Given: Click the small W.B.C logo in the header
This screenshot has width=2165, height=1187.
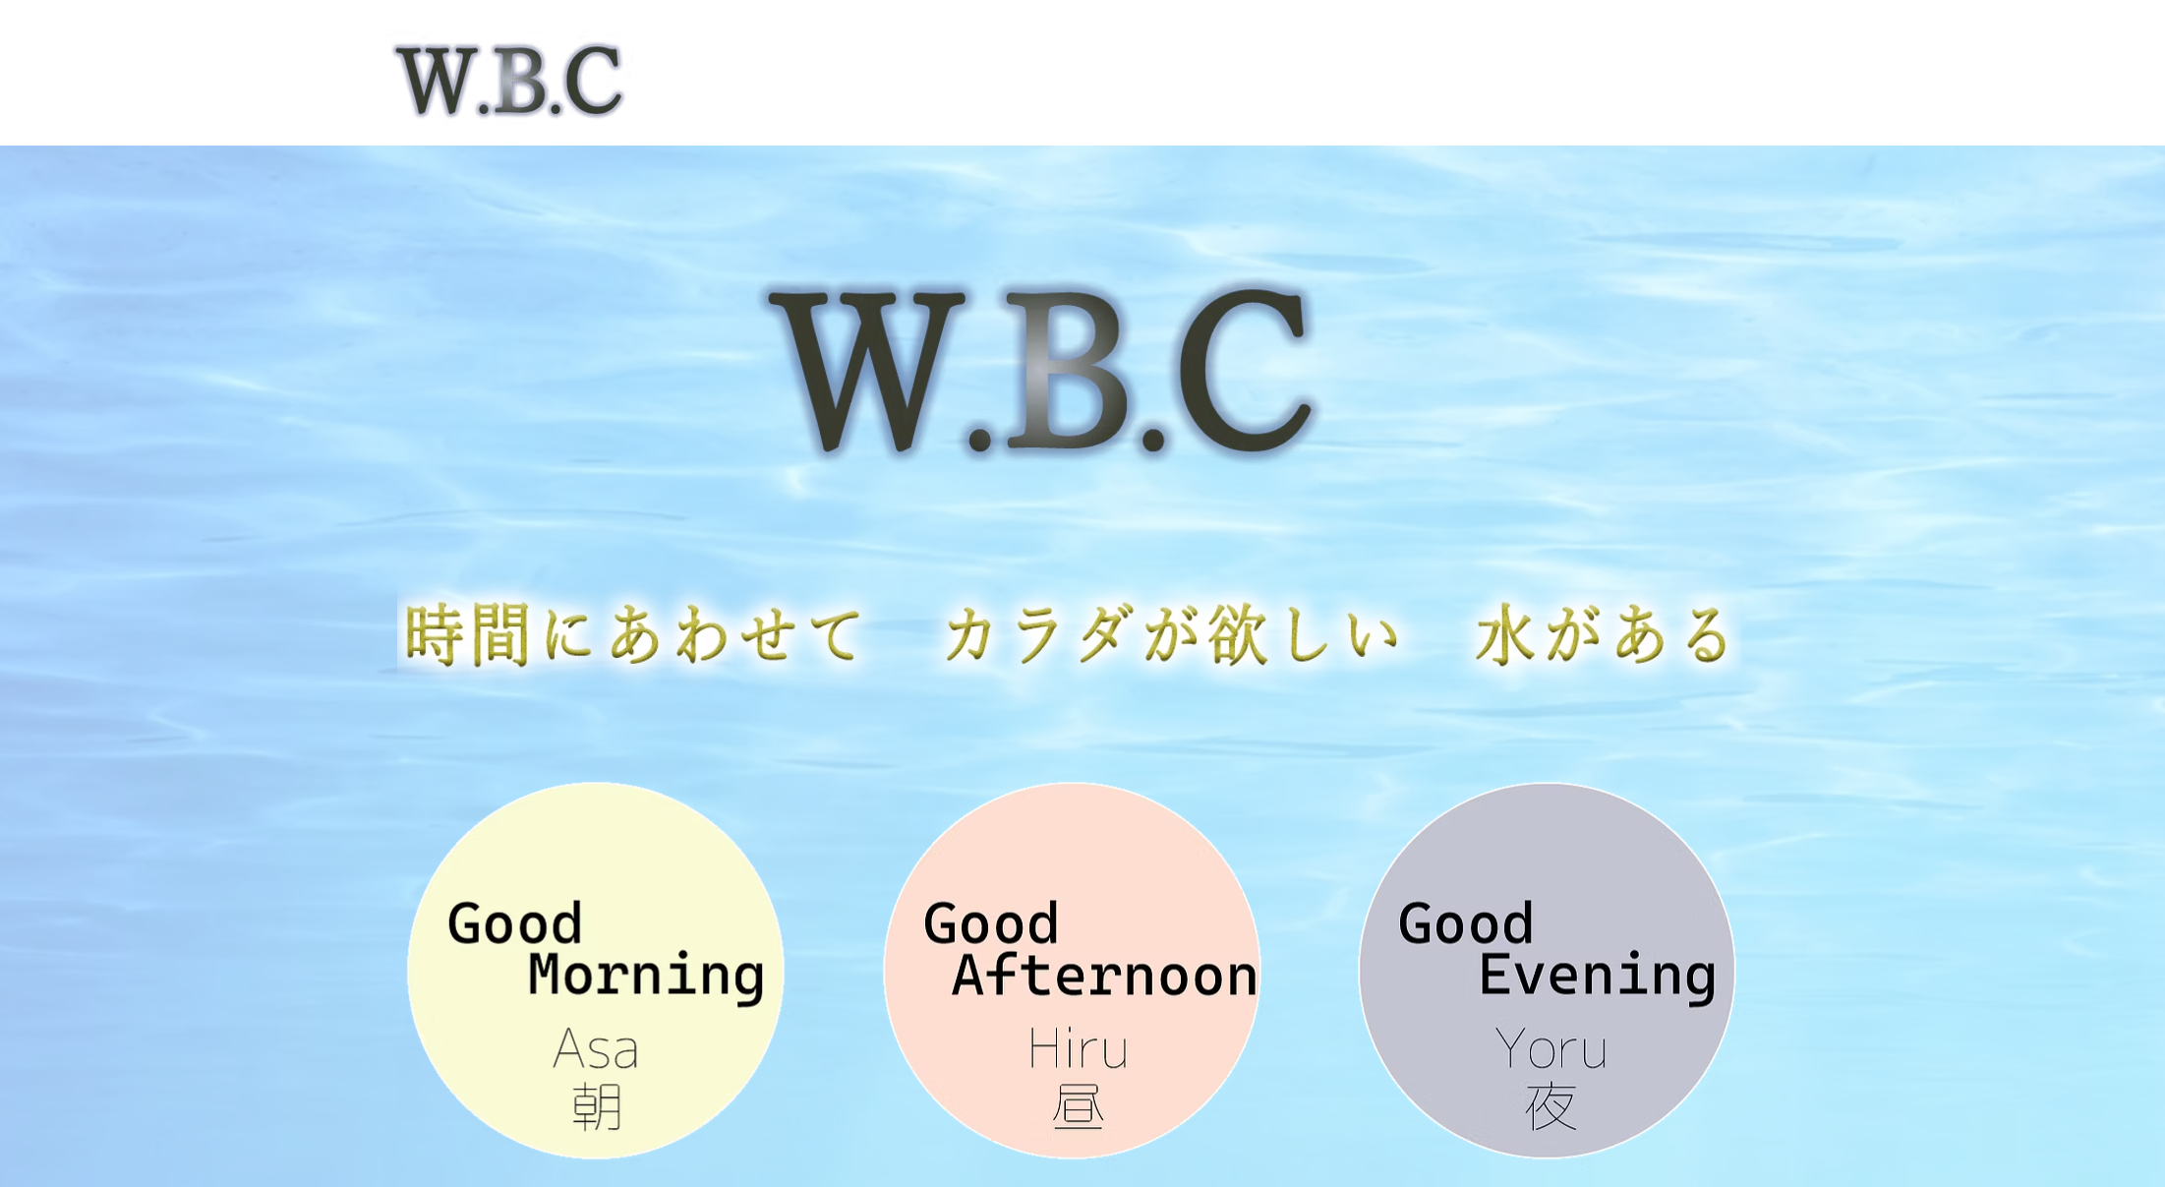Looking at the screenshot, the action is click(x=509, y=80).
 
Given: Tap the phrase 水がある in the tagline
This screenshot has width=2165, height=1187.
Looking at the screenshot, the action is click(x=1604, y=634).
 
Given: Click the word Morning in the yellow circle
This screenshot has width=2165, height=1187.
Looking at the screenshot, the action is click(x=646, y=976).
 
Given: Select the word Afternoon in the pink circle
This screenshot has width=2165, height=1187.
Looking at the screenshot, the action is click(x=1105, y=976).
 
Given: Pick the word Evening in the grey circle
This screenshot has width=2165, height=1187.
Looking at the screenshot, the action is click(x=1598, y=976).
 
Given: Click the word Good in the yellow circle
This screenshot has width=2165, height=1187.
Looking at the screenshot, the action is click(x=515, y=923).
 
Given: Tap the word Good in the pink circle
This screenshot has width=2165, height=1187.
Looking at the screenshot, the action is click(x=991, y=923).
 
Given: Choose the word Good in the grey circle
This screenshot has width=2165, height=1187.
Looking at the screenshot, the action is click(x=1466, y=923).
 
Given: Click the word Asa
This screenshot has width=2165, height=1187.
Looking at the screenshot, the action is click(x=596, y=1048).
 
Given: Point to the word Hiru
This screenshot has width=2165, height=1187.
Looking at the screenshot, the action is click(x=1078, y=1048).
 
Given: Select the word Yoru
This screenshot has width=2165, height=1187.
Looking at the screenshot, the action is click(x=1551, y=1048).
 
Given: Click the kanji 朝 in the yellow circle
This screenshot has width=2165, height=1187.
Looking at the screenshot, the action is click(x=597, y=1106).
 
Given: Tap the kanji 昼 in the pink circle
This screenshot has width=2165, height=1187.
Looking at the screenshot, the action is click(x=1078, y=1106).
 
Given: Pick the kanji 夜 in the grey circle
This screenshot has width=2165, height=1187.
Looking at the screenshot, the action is click(x=1551, y=1106).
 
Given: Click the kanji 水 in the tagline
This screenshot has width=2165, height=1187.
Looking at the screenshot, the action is click(x=1505, y=634).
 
